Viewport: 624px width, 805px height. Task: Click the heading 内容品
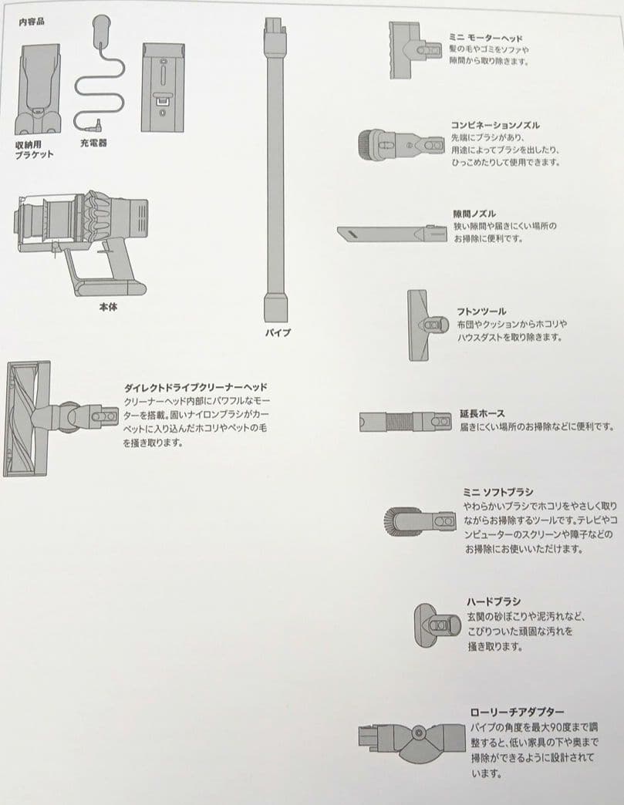(32, 22)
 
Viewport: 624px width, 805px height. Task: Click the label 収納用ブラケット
(34, 150)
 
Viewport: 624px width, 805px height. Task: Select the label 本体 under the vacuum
(108, 306)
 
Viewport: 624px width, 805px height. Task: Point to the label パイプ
(278, 333)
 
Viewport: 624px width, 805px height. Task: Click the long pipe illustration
(275, 170)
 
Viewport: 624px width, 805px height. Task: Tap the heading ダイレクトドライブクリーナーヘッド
(195, 386)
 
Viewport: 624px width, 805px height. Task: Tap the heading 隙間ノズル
(474, 214)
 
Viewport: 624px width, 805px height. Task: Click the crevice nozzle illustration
(391, 233)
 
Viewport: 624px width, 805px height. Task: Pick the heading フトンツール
(481, 312)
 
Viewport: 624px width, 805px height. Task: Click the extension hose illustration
(406, 422)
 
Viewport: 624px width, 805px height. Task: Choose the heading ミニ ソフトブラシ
(498, 491)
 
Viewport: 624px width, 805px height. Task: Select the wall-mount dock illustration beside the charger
(163, 86)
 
